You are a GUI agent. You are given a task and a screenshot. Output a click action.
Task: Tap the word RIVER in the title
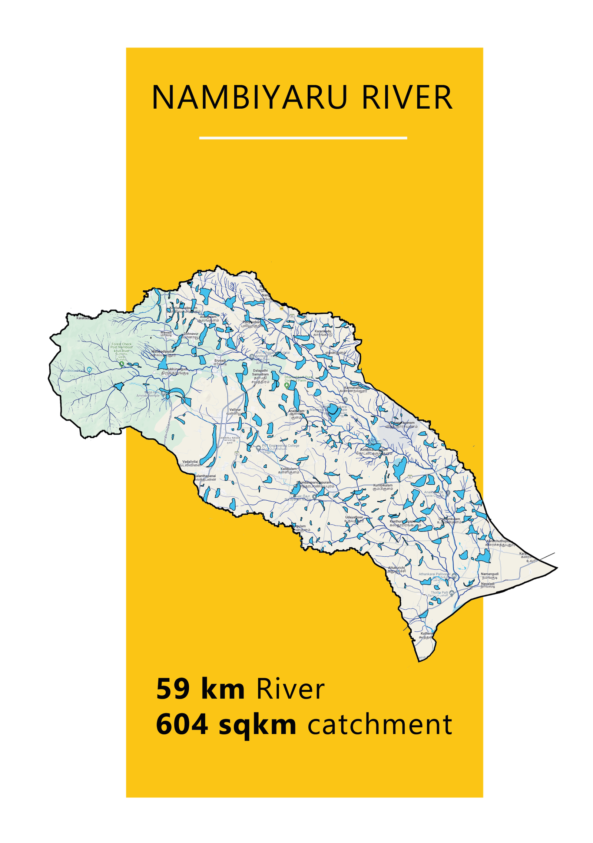tap(407, 98)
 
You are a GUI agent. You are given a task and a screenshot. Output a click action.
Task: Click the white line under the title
tap(303, 138)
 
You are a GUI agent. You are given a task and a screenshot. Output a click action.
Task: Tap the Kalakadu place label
tap(83, 318)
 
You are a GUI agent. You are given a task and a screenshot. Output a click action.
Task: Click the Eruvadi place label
tap(220, 360)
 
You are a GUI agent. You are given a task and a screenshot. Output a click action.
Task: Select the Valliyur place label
tap(235, 410)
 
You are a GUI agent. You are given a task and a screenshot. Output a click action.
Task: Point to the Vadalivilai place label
tap(190, 462)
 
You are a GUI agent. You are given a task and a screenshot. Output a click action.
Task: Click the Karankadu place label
tap(322, 331)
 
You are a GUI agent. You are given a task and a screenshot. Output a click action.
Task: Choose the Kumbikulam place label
tap(382, 485)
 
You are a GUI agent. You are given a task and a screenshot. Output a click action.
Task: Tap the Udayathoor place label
tap(354, 517)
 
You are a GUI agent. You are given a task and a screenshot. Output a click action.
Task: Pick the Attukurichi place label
tap(396, 568)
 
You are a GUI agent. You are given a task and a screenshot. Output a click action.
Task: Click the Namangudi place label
tap(490, 574)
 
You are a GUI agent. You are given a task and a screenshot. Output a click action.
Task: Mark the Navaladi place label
tap(488, 583)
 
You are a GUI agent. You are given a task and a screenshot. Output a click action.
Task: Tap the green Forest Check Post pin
tap(122, 364)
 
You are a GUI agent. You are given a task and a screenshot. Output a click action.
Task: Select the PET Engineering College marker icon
tap(258, 448)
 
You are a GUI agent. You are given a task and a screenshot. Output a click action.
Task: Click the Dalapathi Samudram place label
tap(260, 372)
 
